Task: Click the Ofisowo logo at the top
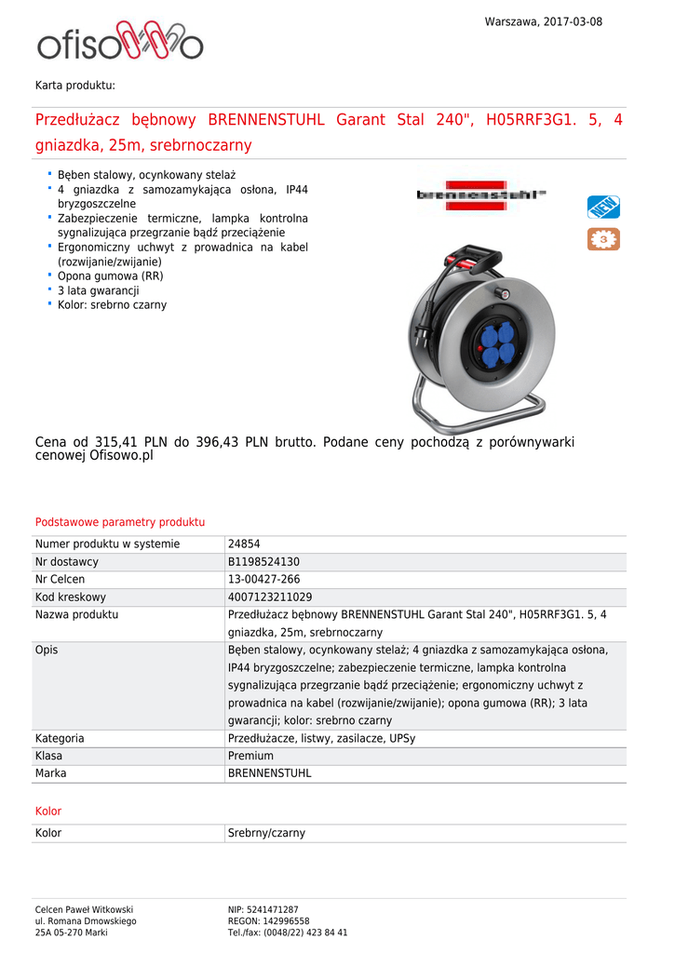coord(119,43)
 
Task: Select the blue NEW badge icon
coord(603,207)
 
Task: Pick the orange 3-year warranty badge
coord(603,239)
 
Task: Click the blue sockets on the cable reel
coord(496,342)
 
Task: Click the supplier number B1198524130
coord(263,562)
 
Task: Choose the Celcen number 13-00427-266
coord(264,580)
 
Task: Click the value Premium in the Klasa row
coord(250,756)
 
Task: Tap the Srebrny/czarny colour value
coord(266,833)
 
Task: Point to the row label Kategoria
coord(60,738)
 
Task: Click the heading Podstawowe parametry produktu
coord(120,522)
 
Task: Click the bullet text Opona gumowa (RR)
coord(111,276)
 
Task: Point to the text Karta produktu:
coord(75,85)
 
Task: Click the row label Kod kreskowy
coord(71,597)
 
